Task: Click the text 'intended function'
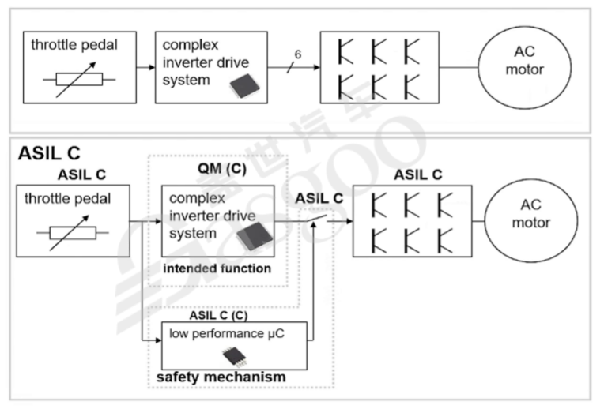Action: [x=217, y=269]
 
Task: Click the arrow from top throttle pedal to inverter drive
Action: [x=145, y=68]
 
